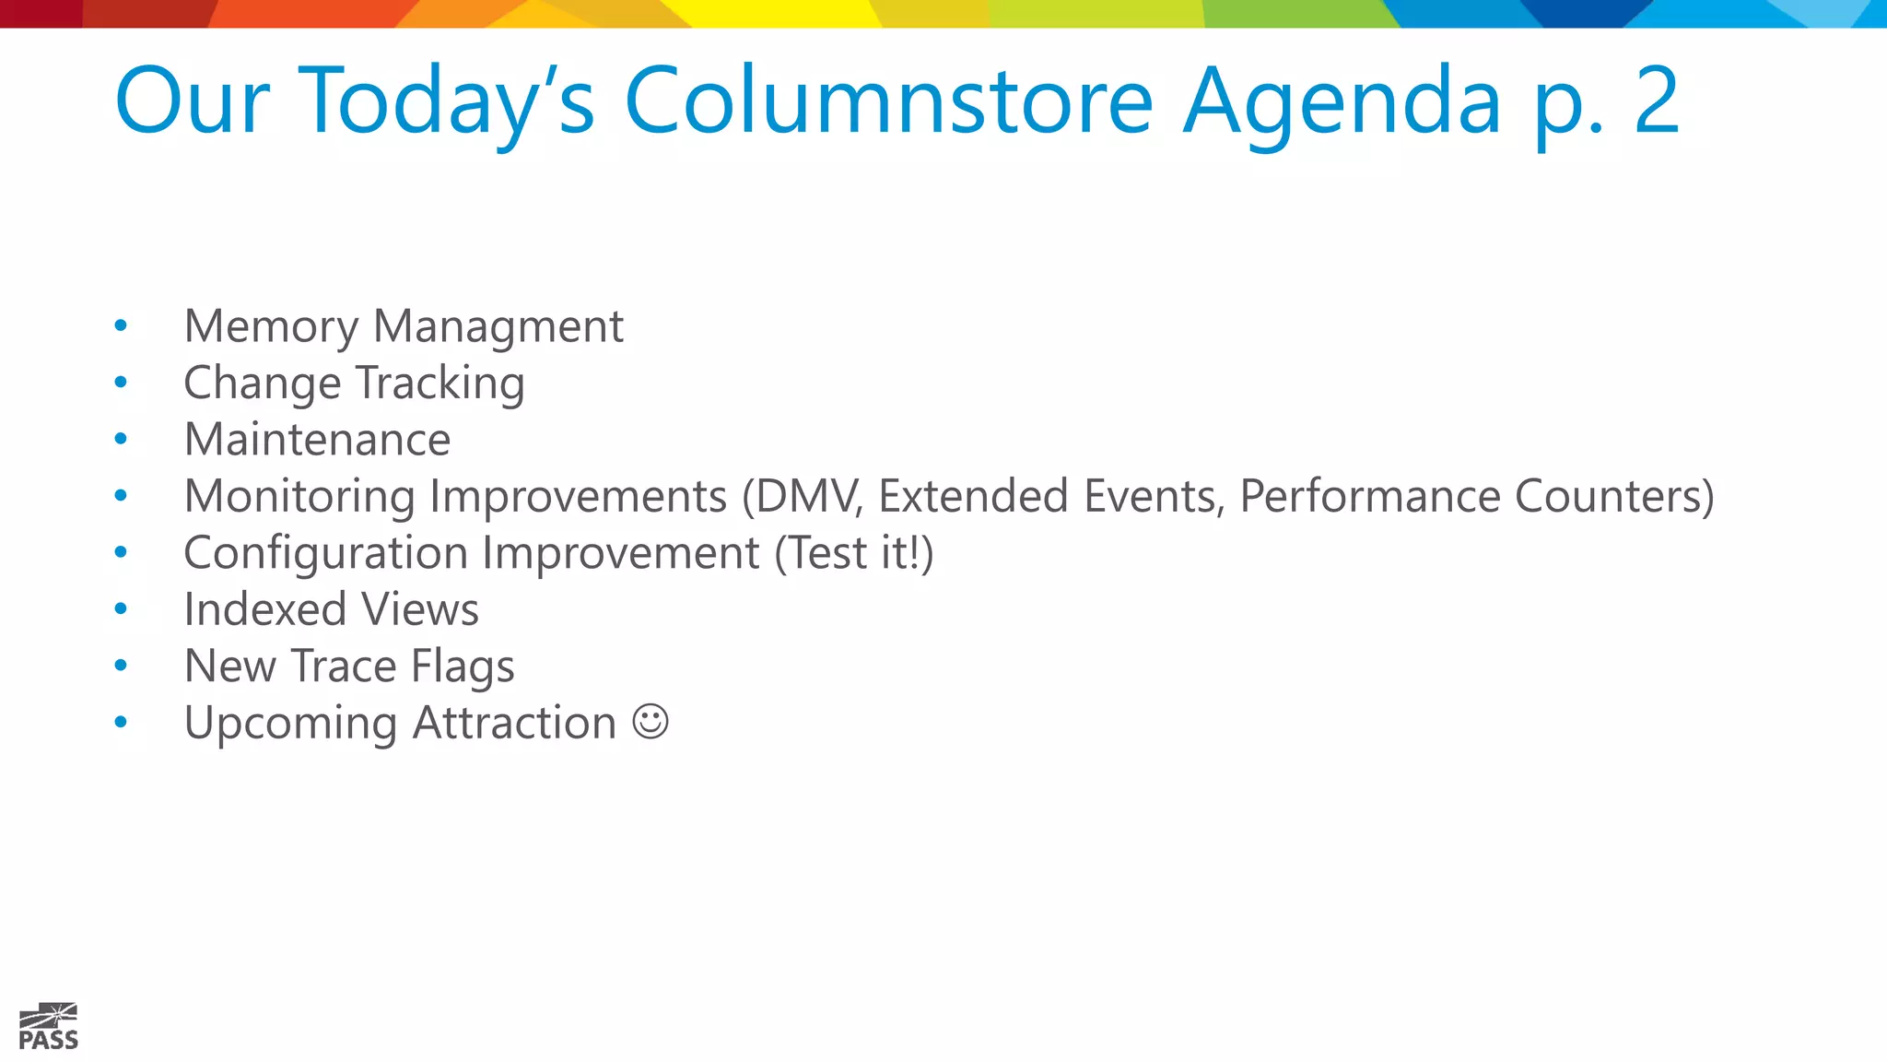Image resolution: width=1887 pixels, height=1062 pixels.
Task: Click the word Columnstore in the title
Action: (888, 101)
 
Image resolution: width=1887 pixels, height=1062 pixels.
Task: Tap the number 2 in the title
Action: (1656, 101)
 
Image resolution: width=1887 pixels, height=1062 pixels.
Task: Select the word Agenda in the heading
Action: (1342, 101)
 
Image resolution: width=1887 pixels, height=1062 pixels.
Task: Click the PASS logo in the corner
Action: (48, 1027)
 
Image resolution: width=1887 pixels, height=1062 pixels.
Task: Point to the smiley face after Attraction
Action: (650, 722)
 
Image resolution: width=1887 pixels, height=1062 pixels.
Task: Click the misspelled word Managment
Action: (498, 327)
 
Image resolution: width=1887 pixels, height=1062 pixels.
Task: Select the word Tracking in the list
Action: (440, 383)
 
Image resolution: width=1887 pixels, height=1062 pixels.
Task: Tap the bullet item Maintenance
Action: (317, 440)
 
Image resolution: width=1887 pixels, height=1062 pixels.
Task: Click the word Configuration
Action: (325, 554)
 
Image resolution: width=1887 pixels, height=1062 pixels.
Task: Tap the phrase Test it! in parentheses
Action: (853, 554)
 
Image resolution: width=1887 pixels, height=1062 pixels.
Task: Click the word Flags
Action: (463, 667)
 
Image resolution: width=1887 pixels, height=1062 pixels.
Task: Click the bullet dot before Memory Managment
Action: (121, 325)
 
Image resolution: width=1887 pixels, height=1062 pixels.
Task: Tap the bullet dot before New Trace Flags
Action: (121, 666)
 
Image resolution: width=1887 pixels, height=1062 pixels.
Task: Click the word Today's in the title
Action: (448, 101)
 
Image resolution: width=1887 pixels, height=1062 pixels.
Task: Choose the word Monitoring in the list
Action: (299, 497)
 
